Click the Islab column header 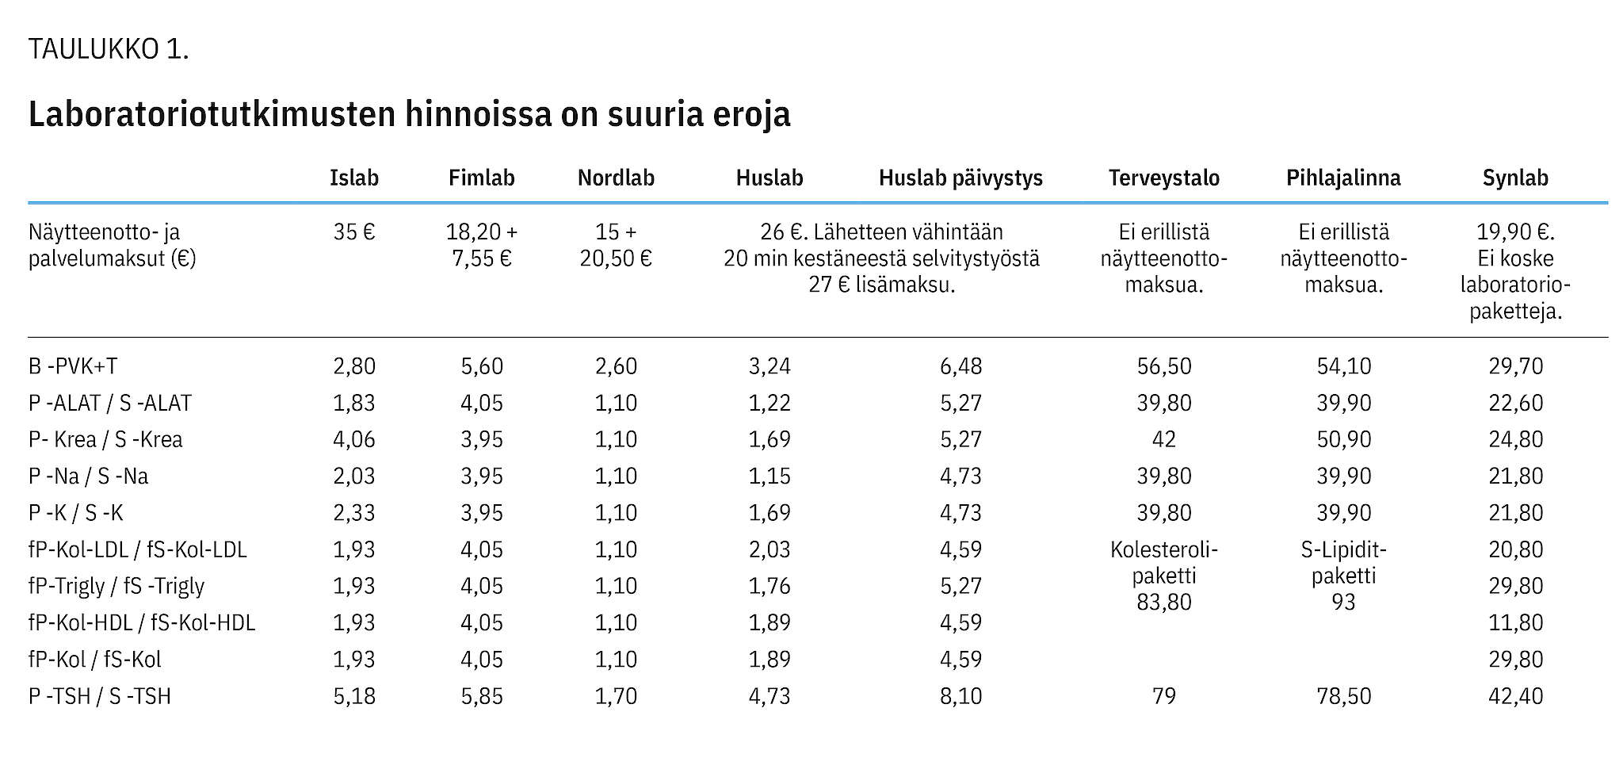354,178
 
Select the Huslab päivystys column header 960,178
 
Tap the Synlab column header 1515,178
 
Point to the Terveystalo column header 1163,178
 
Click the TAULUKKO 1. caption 109,49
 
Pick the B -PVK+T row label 73,366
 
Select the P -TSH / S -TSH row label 100,696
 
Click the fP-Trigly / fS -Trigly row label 116,587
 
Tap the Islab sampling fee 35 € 354,232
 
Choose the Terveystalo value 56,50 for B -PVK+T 1163,366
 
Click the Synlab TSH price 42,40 1515,696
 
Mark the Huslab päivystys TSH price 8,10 960,696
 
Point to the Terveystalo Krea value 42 1163,439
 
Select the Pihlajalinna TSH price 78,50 1343,696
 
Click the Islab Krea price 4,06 354,439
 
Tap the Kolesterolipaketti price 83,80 1163,603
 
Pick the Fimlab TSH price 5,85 482,696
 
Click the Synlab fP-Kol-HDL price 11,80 1515,622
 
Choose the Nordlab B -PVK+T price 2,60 616,366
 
